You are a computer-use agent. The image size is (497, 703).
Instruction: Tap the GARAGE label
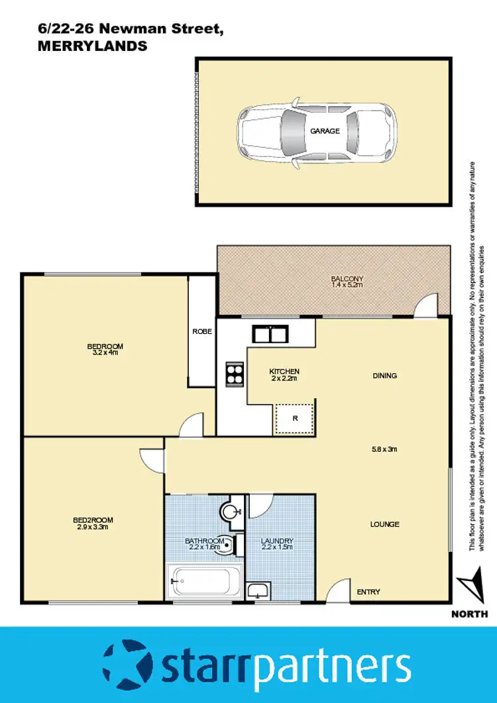[x=325, y=131]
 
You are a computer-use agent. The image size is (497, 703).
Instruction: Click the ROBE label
[x=202, y=331]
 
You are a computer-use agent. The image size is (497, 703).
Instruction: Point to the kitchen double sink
[x=268, y=334]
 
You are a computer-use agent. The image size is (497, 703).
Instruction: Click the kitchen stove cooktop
[x=235, y=374]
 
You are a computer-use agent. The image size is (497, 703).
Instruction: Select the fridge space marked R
[x=294, y=418]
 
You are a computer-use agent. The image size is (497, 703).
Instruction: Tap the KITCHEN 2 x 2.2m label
[x=284, y=375]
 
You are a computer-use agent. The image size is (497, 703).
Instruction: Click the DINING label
[x=385, y=376]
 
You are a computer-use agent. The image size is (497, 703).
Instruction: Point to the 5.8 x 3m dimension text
[x=384, y=449]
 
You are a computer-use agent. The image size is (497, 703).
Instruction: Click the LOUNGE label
[x=385, y=524]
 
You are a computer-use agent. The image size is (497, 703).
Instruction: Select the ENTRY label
[x=369, y=592]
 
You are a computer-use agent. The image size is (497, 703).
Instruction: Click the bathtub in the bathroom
[x=201, y=580]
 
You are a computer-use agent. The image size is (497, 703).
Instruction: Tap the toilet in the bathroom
[x=226, y=544]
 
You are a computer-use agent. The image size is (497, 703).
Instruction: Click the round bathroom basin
[x=230, y=512]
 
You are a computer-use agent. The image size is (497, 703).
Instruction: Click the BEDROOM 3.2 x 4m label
[x=105, y=349]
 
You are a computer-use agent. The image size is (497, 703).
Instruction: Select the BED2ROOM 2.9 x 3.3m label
[x=90, y=524]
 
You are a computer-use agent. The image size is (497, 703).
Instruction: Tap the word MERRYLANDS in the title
[x=92, y=46]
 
